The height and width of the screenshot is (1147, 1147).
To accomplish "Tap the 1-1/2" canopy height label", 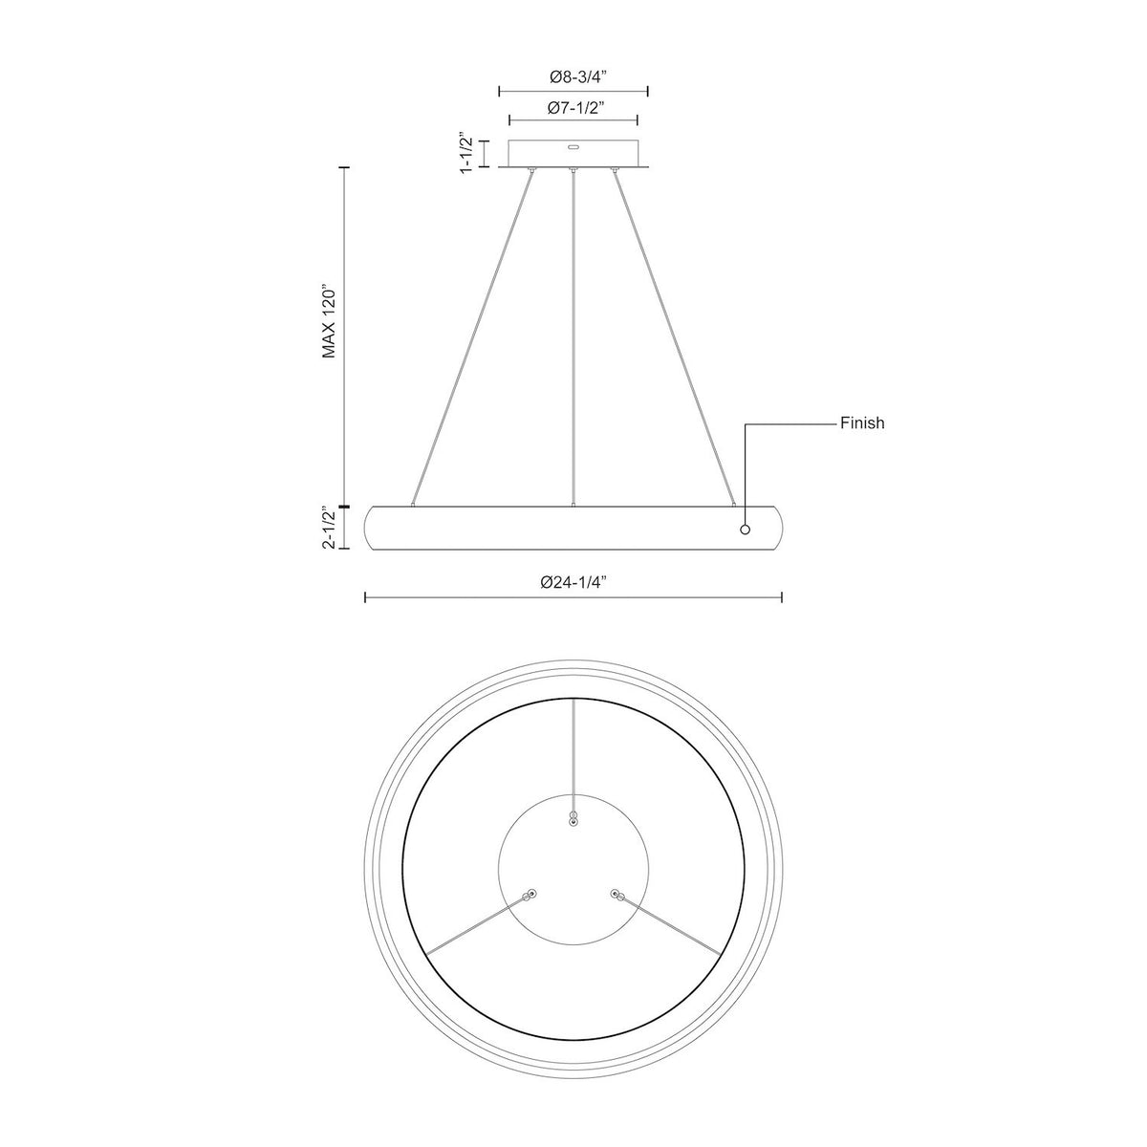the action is [466, 153].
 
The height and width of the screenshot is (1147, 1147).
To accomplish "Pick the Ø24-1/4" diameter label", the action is [573, 583].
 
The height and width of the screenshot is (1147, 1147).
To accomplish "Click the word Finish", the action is [862, 423].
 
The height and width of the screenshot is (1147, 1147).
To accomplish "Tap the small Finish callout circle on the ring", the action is [745, 530].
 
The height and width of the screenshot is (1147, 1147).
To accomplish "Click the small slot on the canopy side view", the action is [573, 146].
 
